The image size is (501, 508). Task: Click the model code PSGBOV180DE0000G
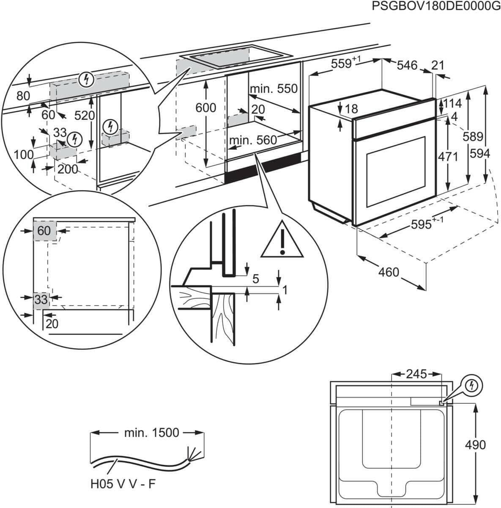[x=433, y=6]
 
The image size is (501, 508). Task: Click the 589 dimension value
[x=472, y=136]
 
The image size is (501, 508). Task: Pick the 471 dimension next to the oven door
[x=448, y=157]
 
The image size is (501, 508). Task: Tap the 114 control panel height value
[x=452, y=103]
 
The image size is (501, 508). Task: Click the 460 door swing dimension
[x=388, y=272]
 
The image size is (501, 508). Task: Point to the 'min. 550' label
[x=274, y=88]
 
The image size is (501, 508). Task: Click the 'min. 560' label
[x=253, y=140]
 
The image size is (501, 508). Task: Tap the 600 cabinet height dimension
[x=205, y=108]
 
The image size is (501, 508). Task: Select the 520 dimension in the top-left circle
[x=85, y=115]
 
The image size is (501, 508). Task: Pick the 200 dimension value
[x=68, y=169]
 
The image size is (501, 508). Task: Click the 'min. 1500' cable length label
[x=152, y=433]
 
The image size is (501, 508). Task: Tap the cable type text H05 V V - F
[x=123, y=484]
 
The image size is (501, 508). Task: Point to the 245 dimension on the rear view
[x=416, y=374]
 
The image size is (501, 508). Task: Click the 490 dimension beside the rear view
[x=475, y=444]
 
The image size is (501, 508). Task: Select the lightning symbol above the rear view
[x=472, y=385]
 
